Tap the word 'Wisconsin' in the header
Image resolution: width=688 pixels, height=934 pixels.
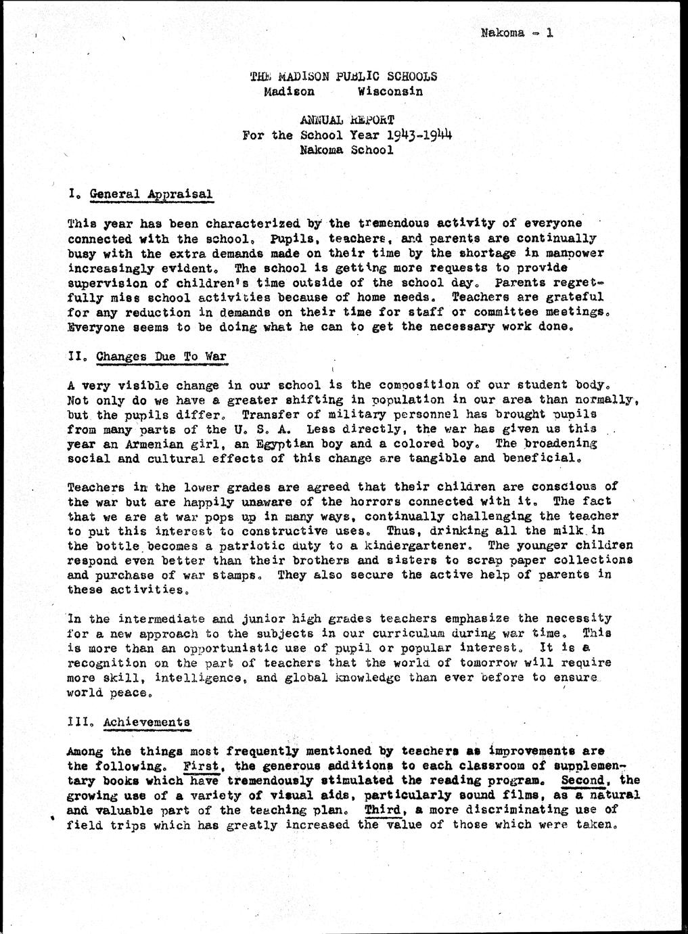(x=390, y=91)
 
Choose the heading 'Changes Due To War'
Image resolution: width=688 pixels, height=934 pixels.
(x=162, y=357)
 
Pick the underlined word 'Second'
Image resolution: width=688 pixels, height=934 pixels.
(x=586, y=780)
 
